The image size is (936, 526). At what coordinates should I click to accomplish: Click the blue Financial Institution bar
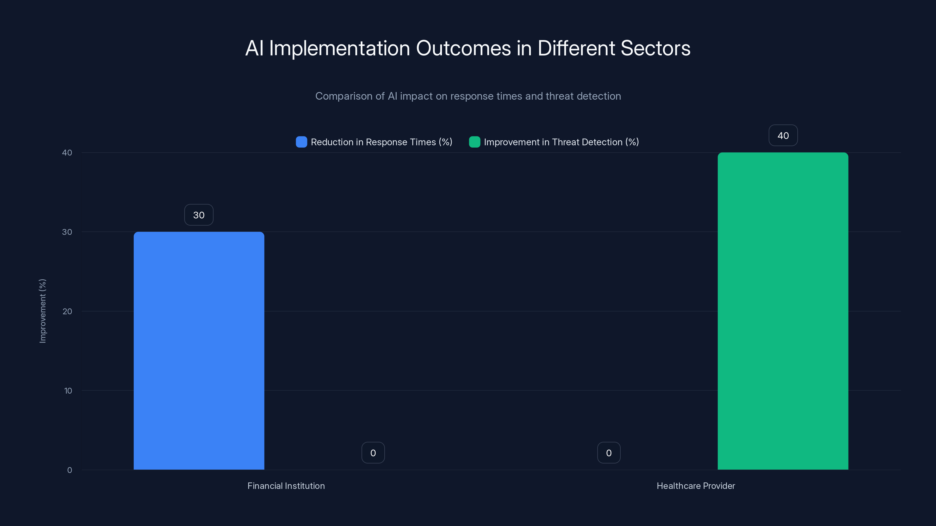pos(199,350)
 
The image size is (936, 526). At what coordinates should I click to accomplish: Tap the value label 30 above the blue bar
pos(199,215)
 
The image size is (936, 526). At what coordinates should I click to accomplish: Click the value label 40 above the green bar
pos(783,135)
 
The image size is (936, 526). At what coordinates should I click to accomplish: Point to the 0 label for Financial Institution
pos(373,453)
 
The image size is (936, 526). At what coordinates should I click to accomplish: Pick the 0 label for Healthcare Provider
pos(609,453)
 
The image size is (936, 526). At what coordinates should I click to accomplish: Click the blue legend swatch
pos(301,142)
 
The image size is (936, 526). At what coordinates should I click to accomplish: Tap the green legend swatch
pos(474,142)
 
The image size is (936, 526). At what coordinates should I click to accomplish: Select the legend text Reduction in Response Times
pos(381,142)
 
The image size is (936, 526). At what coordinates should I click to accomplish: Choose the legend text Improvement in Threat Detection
pos(561,142)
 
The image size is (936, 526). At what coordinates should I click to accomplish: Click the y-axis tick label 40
pos(67,153)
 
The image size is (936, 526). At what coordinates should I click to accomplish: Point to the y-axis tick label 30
pos(67,232)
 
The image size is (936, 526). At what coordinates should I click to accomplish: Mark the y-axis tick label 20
pos(67,311)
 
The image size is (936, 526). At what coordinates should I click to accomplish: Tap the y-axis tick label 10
pos(68,391)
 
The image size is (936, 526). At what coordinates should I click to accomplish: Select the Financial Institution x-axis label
pos(286,486)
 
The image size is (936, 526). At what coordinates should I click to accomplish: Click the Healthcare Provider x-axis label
pos(696,486)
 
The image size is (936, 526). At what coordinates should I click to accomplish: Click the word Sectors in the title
pos(655,48)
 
